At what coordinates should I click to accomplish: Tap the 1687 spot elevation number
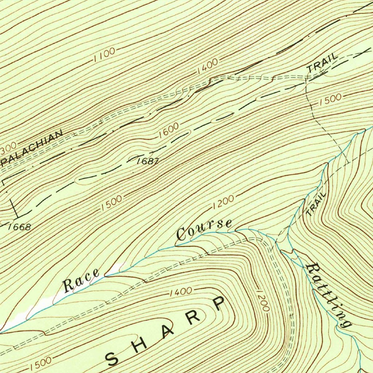[x=148, y=161]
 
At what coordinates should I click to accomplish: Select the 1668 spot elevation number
[x=19, y=227]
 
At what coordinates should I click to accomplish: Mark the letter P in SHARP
[x=218, y=303]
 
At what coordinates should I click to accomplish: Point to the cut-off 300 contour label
[x=8, y=148]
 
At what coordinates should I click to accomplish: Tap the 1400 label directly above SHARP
[x=181, y=291]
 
